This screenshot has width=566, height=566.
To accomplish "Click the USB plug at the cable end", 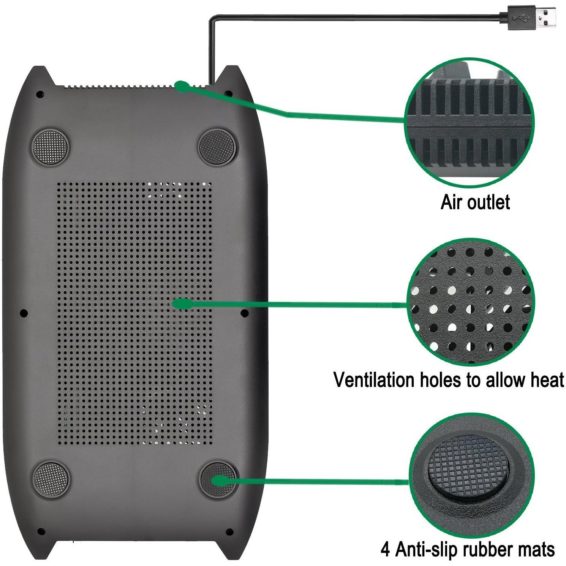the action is coord(528,19).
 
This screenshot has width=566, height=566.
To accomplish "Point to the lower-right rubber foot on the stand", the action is coord(218,479).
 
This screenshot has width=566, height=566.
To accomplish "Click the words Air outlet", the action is coord(475,202).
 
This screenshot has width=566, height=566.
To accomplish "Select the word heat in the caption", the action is coord(545,380).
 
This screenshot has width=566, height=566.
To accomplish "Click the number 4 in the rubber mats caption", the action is coord(385,550).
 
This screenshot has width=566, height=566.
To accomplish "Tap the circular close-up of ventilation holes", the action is coord(471,302).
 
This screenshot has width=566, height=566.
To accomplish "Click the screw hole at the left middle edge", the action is coord(24,313).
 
